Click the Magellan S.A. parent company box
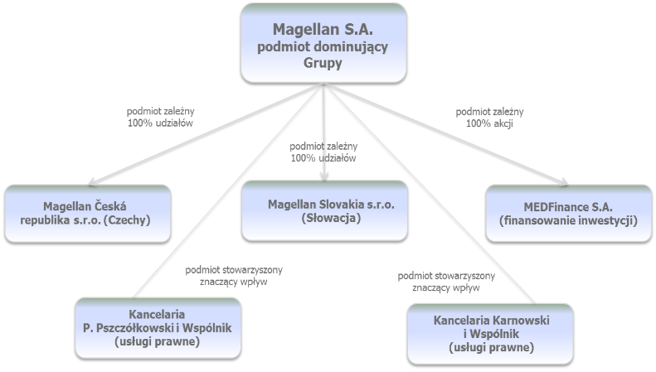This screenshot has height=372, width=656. (323, 43)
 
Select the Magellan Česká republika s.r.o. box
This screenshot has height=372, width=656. (88, 214)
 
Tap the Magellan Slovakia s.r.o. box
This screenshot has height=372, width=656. (324, 211)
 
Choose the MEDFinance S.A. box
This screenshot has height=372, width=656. (569, 214)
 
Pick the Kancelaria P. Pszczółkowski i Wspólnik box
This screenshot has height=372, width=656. (158, 328)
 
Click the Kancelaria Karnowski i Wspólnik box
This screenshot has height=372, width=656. (490, 334)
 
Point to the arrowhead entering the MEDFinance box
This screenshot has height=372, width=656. (564, 181)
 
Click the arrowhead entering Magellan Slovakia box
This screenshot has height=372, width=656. (324, 176)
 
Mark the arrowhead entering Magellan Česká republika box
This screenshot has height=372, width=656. (93, 181)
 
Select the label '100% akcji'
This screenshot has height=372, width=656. (489, 123)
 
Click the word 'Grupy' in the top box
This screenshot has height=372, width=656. (323, 63)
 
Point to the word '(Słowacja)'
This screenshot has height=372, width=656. (331, 218)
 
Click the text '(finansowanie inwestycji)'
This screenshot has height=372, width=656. (569, 220)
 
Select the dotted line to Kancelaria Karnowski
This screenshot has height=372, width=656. (430, 193)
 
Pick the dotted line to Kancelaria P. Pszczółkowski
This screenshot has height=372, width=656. (228, 191)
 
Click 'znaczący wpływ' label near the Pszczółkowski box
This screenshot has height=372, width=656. (233, 282)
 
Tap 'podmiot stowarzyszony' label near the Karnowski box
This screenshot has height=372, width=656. (446, 276)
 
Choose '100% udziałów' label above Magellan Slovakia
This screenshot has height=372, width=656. (323, 158)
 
